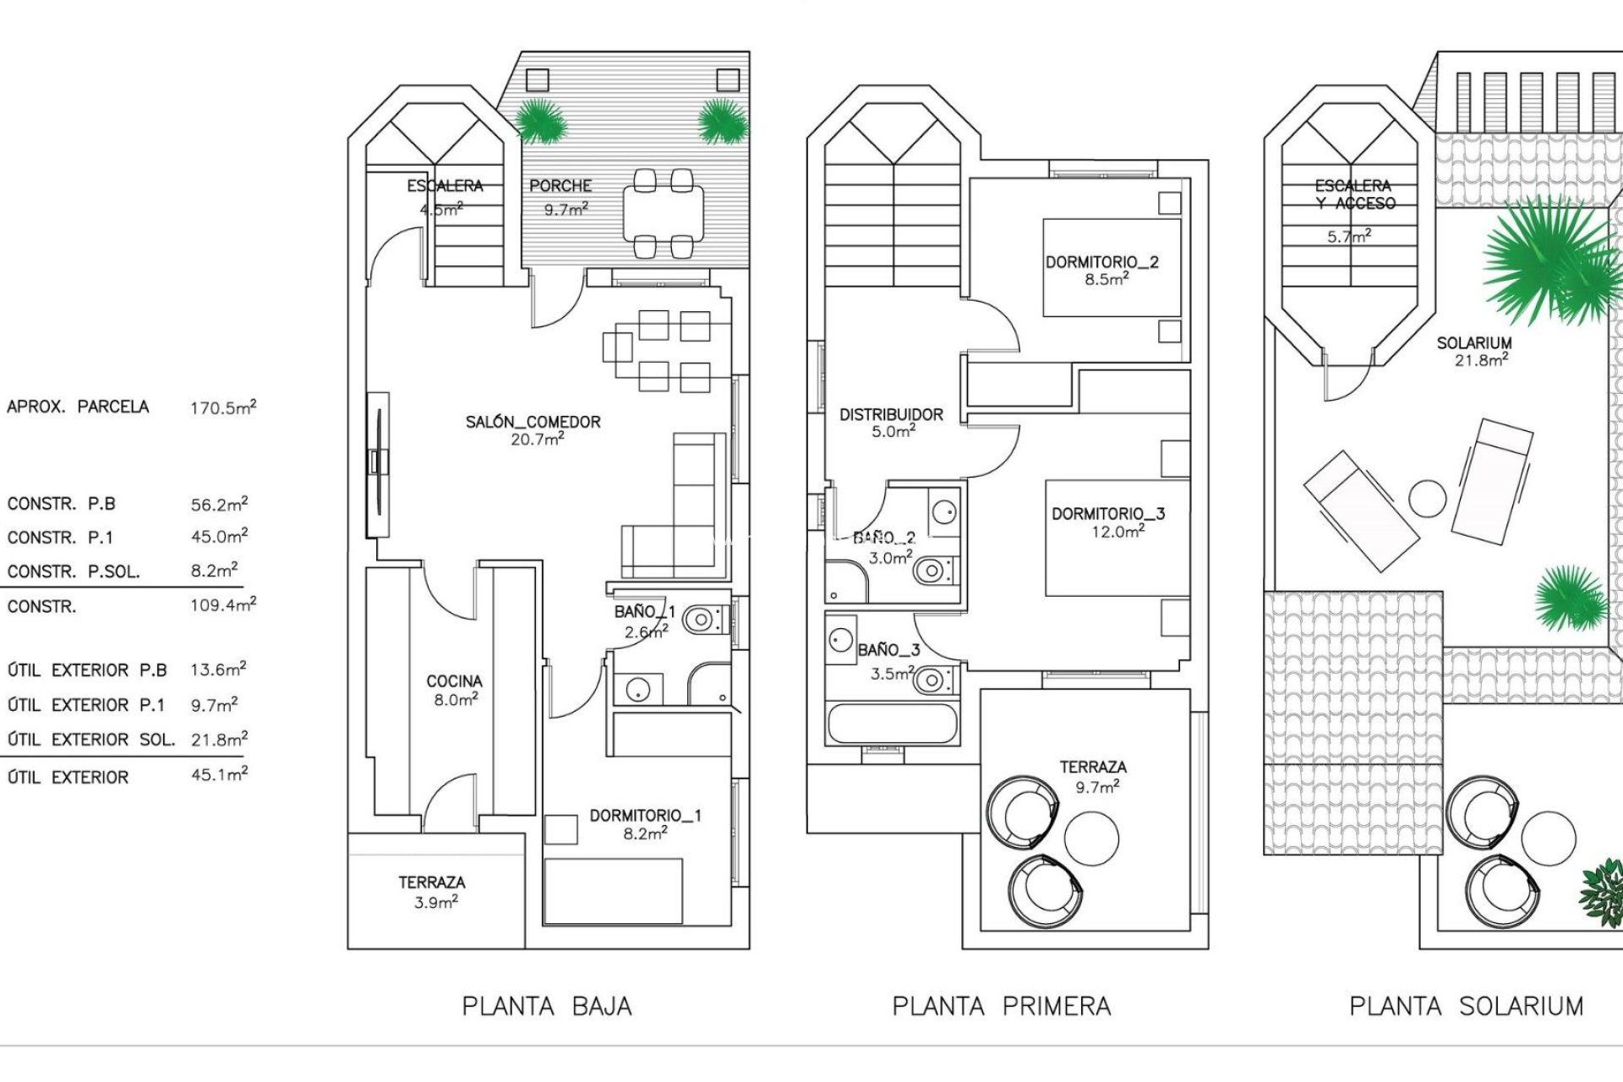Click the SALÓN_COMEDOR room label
[x=533, y=422]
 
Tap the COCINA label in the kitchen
[x=454, y=681]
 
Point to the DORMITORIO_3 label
[x=1107, y=514]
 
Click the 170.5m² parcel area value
[x=222, y=407]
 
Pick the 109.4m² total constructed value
[x=222, y=605]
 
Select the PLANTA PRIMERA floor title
[x=1001, y=1006]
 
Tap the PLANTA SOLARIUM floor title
[x=1466, y=1006]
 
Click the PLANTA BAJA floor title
[x=547, y=1006]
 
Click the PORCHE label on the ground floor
[x=560, y=186]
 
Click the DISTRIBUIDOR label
[x=891, y=415]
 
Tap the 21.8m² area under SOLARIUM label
[x=1474, y=360]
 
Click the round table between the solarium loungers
[x=1428, y=499]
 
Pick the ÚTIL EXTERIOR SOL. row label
[x=90, y=740]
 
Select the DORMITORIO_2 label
[x=1101, y=262]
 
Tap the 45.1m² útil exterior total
[x=219, y=774]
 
